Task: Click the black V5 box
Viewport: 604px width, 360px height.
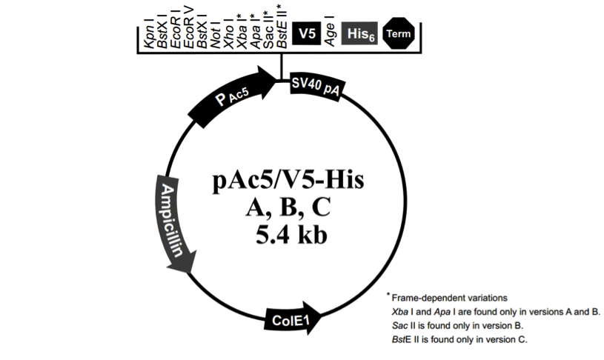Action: [x=306, y=33]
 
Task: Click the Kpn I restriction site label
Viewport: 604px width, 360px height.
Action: [x=149, y=36]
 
